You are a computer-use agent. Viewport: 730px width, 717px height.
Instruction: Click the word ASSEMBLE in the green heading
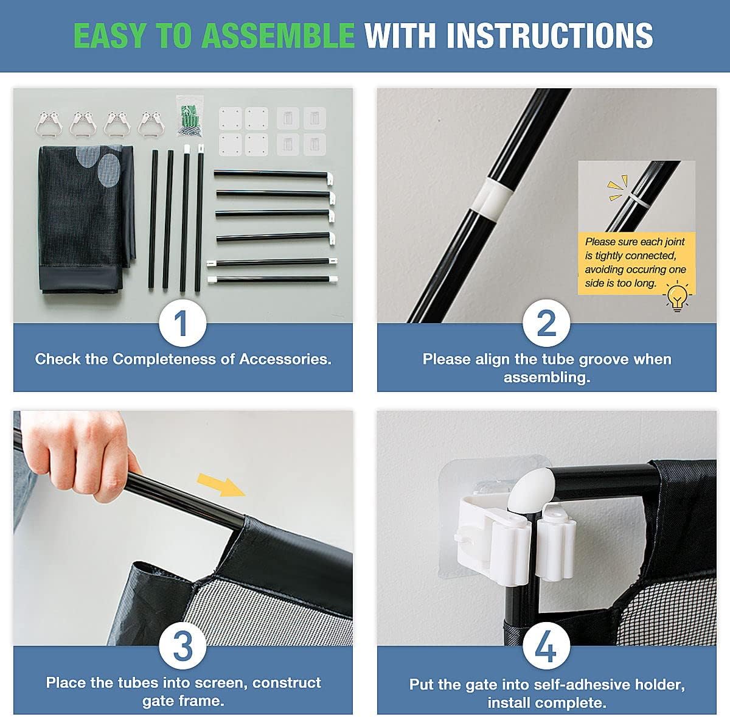pos(278,36)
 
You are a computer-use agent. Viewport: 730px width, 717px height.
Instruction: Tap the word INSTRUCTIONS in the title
pos(550,36)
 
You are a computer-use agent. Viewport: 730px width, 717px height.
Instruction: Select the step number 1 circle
pos(182,323)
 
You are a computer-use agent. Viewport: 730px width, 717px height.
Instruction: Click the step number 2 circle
pos(546,323)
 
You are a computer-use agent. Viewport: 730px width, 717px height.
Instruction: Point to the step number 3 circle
pos(182,645)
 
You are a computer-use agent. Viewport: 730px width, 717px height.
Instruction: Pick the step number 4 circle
pos(546,645)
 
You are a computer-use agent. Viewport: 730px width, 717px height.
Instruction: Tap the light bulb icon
pos(677,296)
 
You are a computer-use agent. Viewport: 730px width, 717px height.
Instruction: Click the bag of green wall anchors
pos(190,116)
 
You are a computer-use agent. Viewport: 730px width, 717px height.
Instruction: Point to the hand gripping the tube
pos(78,455)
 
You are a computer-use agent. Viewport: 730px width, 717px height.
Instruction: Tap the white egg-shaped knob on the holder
pos(530,489)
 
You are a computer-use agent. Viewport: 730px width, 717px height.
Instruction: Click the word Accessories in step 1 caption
pos(285,359)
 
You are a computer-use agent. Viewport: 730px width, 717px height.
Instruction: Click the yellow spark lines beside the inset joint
pos(617,187)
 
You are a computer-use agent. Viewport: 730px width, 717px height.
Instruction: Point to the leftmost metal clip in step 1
pos(47,124)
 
